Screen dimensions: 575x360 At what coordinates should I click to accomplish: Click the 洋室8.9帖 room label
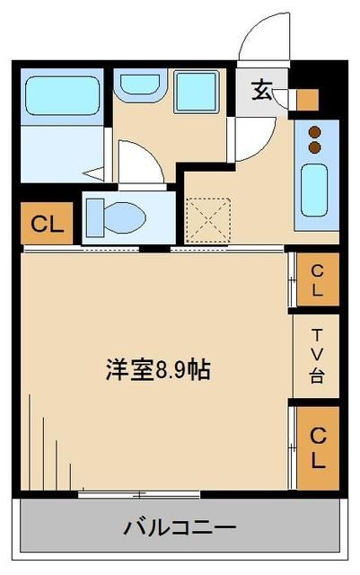point(158,369)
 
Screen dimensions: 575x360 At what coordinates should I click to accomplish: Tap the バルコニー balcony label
point(179,526)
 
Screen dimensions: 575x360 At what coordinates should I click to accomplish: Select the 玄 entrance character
point(261,90)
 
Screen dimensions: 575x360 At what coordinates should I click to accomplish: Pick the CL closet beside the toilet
point(43,225)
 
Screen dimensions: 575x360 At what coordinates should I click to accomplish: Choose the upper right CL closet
point(317,279)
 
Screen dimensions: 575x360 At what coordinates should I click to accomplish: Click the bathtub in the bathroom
point(62,95)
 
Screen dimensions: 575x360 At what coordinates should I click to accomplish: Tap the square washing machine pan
point(198,92)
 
